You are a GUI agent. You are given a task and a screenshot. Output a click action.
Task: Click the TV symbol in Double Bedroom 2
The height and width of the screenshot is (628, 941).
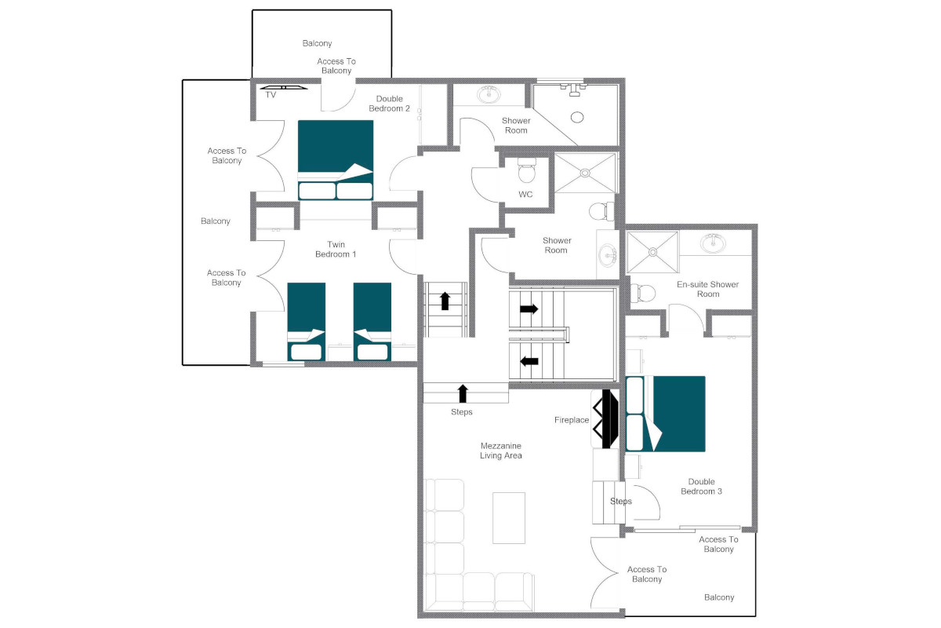tap(284, 87)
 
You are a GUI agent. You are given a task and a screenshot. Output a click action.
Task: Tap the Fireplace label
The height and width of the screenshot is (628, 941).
tap(572, 420)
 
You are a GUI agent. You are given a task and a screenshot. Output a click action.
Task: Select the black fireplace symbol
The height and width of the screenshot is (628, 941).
tap(605, 418)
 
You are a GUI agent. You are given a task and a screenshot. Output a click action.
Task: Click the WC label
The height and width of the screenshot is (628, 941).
tap(525, 195)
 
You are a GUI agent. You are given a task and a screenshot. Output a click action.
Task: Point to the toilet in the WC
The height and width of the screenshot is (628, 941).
tap(526, 170)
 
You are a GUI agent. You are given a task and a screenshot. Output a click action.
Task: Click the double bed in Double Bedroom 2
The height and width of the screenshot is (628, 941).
tap(336, 160)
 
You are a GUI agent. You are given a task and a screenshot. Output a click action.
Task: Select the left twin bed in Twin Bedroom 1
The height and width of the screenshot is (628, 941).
tap(307, 322)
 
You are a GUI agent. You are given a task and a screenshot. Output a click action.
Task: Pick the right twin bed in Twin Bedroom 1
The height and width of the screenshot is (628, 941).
tap(372, 322)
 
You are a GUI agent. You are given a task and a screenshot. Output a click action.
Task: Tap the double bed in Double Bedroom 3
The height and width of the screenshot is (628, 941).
tap(666, 414)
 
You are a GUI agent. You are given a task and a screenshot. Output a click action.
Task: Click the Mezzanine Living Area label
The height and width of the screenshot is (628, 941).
tap(501, 451)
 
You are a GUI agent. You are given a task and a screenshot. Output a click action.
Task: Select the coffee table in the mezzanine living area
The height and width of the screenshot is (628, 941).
tap(509, 518)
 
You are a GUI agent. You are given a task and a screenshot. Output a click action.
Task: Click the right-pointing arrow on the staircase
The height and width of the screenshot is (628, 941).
tap(529, 309)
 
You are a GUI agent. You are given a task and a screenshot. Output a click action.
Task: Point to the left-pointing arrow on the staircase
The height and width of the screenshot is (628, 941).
tap(529, 361)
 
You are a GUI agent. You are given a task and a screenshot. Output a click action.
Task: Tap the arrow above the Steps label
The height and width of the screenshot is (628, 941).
tap(463, 393)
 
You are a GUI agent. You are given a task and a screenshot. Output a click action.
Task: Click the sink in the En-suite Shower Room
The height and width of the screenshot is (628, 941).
tap(713, 243)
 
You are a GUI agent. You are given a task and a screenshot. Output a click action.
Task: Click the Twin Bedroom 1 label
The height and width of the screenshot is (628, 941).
tap(336, 250)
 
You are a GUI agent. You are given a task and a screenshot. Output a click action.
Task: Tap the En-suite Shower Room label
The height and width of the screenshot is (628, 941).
tap(708, 289)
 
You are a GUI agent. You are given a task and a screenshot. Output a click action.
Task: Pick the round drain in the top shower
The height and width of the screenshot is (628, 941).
tap(577, 117)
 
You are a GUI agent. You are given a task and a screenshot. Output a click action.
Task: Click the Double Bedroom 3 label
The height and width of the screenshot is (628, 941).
tap(701, 486)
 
